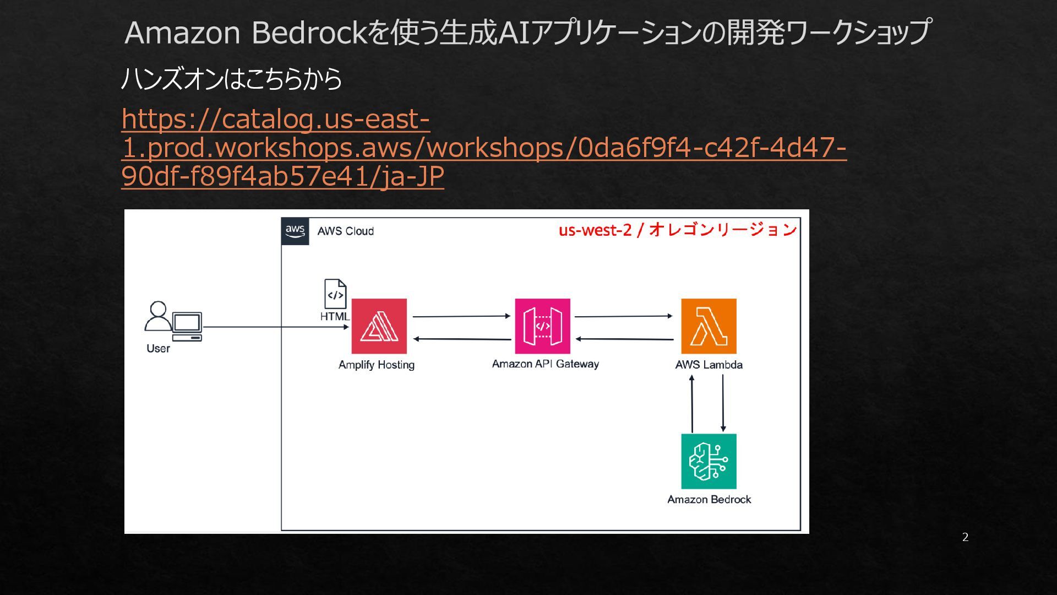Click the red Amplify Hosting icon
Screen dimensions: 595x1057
379,326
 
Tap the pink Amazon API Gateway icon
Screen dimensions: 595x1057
542,326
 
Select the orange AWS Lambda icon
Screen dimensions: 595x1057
709,326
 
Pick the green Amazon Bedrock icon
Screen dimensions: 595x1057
709,461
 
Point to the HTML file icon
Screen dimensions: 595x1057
335,294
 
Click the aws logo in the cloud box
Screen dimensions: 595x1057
295,231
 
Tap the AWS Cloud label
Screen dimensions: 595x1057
345,231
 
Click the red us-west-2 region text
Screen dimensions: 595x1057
678,230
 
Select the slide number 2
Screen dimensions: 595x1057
965,537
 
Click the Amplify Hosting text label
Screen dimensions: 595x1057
377,365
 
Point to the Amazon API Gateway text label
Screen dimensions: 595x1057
545,364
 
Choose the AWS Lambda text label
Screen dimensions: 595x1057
709,365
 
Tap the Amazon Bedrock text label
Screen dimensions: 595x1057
709,500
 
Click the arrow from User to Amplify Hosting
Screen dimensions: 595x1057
275,327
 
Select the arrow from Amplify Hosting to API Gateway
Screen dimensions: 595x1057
461,316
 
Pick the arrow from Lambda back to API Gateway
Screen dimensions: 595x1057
624,339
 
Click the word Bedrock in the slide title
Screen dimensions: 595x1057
309,33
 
